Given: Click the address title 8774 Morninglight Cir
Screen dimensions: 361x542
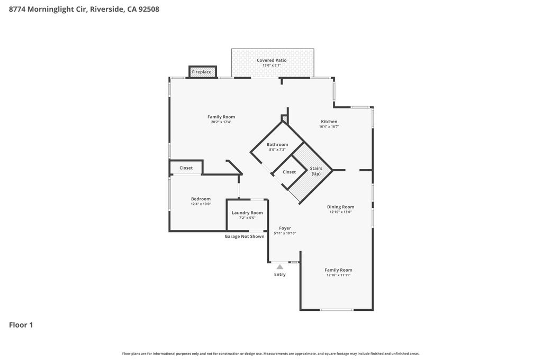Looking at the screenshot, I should (84, 9).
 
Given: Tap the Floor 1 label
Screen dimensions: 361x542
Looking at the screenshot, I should (21, 325).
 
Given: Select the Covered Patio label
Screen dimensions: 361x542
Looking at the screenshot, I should (272, 60).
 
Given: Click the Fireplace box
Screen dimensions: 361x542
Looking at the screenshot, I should (202, 72).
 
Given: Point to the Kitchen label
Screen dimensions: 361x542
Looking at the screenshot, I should (329, 122).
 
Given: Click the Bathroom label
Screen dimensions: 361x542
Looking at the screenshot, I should (277, 144).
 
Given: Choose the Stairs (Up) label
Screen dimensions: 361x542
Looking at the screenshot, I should (316, 171).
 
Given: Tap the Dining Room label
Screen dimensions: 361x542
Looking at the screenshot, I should (340, 207).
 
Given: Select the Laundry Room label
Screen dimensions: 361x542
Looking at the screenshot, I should (247, 212).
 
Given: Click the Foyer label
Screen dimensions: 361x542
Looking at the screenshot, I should (285, 228).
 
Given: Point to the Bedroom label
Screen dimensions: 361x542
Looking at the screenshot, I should (201, 199).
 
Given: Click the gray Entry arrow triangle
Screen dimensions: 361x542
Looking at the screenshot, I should (279, 267).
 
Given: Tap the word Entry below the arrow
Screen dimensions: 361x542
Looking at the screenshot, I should (279, 274).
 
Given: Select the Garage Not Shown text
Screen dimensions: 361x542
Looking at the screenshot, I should (244, 236).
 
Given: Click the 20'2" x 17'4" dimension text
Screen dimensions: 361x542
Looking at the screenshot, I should (221, 122).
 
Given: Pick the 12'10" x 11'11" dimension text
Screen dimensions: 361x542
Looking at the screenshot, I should (338, 275).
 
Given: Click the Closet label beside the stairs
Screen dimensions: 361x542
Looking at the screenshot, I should (289, 172).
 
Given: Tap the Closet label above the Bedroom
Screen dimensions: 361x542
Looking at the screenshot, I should (186, 168).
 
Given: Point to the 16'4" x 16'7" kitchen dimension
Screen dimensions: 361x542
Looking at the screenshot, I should (329, 127).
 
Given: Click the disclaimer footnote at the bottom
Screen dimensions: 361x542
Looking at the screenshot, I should (270, 354).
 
